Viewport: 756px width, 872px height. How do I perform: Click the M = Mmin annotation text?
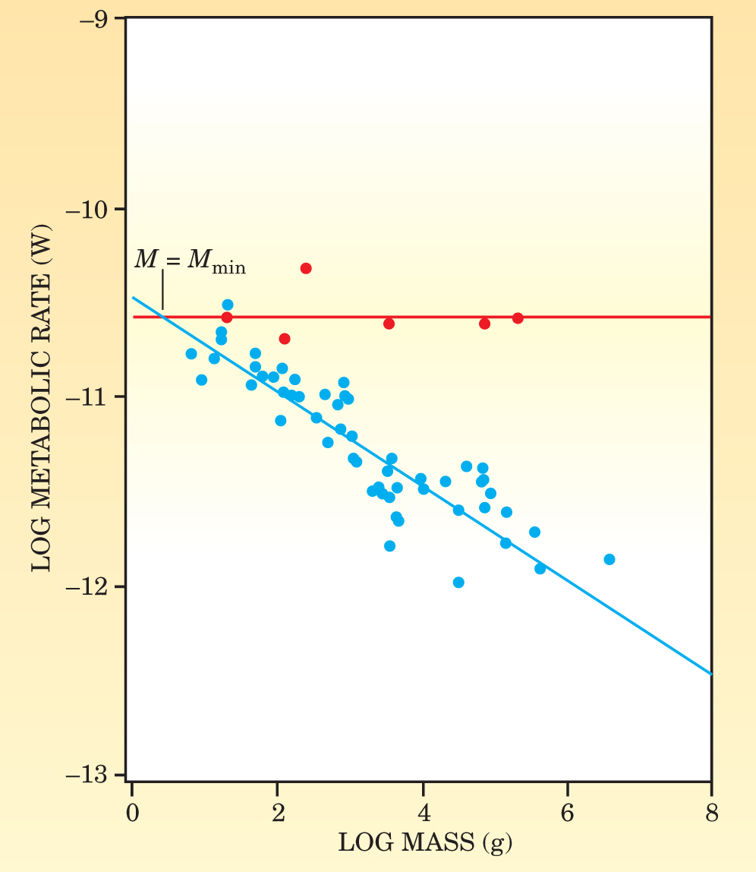tap(190, 261)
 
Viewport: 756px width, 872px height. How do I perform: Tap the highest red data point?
tap(306, 268)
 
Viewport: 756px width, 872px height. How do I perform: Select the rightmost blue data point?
tap(609, 559)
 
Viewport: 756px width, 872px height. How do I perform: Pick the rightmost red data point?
tap(518, 318)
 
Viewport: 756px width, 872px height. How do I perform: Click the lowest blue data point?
tap(458, 582)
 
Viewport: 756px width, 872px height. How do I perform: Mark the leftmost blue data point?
tap(191, 353)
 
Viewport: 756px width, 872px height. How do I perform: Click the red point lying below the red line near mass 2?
tap(285, 338)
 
